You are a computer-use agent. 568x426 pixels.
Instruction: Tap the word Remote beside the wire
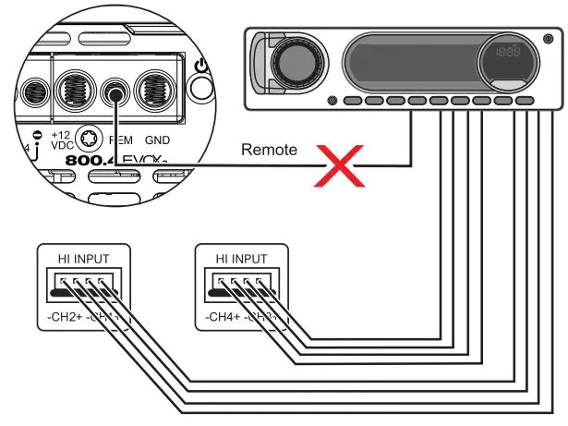(269, 149)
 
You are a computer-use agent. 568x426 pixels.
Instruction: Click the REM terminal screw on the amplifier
(115, 92)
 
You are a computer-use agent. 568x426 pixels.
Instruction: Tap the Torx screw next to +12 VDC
(90, 140)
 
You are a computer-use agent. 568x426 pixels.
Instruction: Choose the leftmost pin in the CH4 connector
(222, 280)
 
